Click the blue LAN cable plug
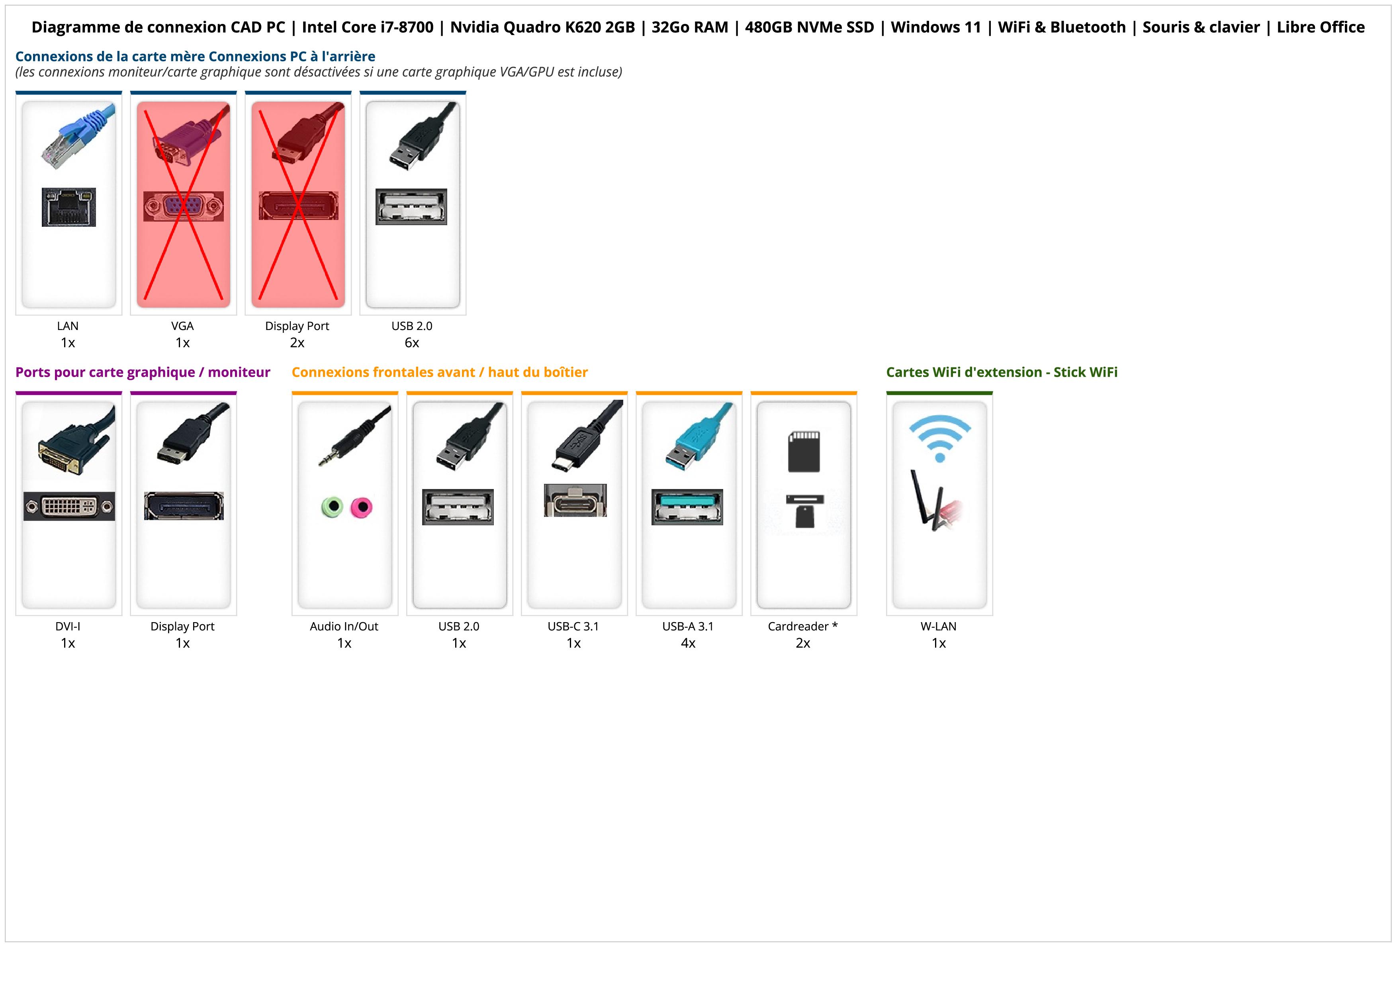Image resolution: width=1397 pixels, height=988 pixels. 78,137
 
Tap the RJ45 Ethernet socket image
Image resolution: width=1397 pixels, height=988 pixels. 69,207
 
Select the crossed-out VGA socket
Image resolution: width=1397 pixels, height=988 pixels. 183,206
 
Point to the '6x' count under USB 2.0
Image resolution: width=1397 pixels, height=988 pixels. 412,343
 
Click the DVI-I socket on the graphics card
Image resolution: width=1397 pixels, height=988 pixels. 69,506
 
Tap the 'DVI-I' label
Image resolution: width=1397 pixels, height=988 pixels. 68,627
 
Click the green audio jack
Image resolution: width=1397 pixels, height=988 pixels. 332,507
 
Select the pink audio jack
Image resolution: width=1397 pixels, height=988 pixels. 362,507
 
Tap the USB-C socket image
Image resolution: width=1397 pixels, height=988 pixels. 575,501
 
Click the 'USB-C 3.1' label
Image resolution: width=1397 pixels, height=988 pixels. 573,627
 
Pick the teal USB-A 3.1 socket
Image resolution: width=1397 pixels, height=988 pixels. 687,507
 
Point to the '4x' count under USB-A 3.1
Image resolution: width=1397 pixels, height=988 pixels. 688,643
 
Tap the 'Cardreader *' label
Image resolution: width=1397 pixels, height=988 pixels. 802,627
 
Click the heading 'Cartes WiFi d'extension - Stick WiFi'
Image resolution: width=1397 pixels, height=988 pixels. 1002,373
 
